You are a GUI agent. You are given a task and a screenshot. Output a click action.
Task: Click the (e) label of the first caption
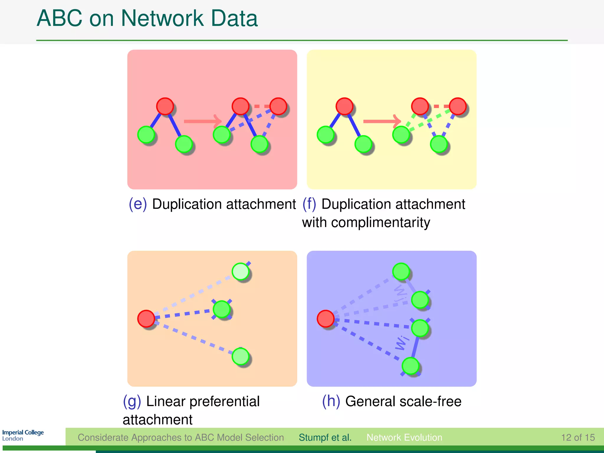[x=138, y=204]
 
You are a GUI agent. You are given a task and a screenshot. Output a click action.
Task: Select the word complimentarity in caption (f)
[x=380, y=222]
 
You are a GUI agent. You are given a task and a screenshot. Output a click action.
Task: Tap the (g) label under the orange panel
[x=132, y=401]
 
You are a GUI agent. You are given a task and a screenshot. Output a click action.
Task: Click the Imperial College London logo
[x=23, y=435]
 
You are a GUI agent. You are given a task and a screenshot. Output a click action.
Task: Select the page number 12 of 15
[x=577, y=437]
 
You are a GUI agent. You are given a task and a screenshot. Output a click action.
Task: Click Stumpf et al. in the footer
[x=325, y=437]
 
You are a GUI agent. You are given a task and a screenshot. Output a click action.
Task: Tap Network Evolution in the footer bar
[x=404, y=437]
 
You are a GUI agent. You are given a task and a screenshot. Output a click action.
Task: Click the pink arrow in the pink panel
[x=202, y=121]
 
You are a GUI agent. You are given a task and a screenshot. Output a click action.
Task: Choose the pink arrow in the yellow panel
[x=382, y=121]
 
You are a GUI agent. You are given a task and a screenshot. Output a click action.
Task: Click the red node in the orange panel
[x=146, y=319]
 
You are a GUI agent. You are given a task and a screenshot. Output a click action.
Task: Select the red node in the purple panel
[x=326, y=319]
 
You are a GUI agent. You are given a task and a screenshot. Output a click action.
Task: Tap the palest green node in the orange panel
[x=241, y=271]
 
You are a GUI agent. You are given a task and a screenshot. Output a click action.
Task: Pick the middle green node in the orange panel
[x=222, y=309]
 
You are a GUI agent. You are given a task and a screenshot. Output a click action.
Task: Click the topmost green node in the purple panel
[x=401, y=271]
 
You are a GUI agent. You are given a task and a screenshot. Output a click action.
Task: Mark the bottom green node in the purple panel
[x=411, y=366]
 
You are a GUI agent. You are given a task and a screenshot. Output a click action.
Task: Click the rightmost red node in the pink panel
[x=278, y=106]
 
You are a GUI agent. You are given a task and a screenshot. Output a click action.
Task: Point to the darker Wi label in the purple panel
[x=402, y=343]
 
